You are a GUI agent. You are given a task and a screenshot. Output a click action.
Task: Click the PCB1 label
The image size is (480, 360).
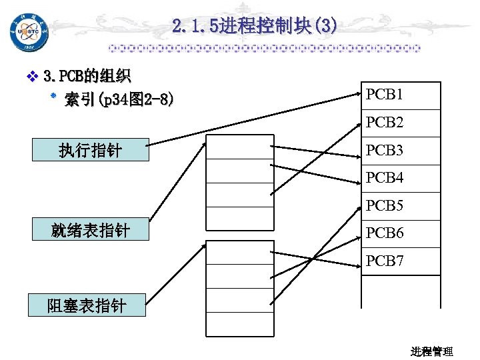384,95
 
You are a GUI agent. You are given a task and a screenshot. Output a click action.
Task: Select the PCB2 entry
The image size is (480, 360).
384,123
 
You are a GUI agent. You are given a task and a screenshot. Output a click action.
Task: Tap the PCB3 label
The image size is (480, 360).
384,151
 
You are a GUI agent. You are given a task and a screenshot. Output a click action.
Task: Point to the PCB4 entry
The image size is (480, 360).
384,178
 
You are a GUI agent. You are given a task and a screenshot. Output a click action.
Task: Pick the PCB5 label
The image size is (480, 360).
384,206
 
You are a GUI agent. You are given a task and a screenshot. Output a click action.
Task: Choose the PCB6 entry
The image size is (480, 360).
384,233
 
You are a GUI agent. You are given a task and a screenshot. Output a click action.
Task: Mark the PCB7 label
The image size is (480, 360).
384,261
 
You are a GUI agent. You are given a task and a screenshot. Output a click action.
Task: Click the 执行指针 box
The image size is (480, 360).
90,151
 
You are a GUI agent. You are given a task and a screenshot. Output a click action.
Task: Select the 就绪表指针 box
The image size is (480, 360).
90,231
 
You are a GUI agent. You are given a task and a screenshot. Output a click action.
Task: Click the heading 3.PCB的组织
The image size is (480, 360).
87,77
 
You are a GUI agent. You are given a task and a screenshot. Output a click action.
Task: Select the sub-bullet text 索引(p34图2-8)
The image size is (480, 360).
120,100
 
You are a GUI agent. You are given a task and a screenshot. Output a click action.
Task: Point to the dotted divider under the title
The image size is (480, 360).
265,49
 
